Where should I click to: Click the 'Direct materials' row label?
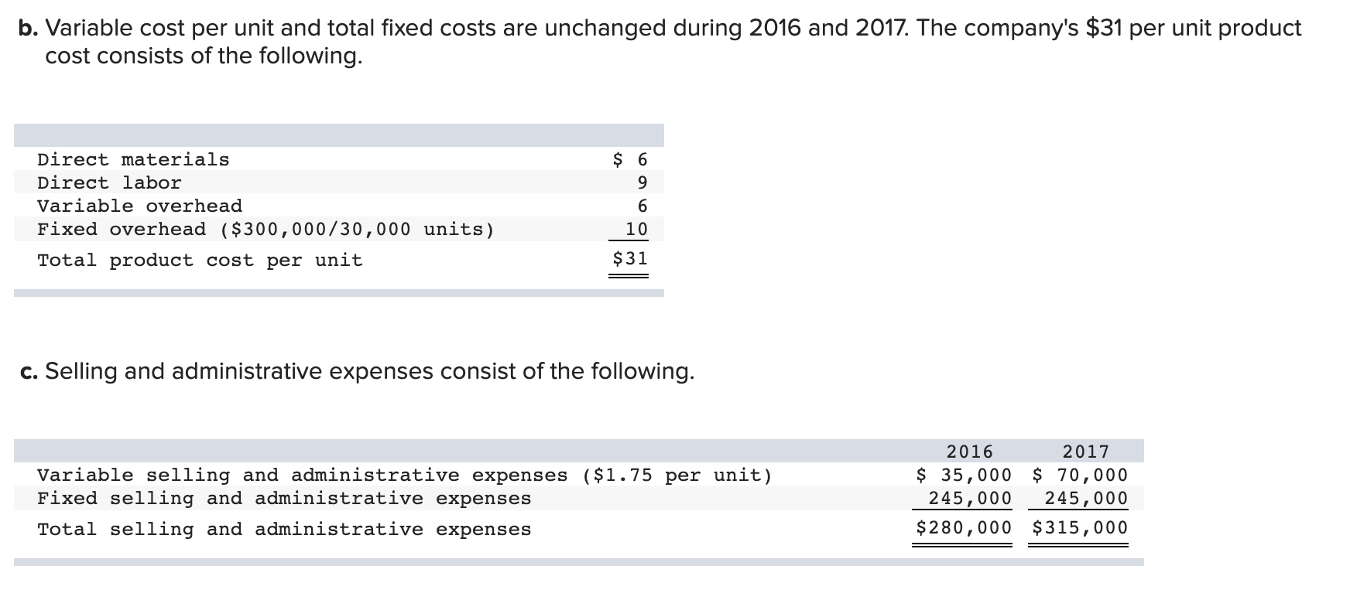tap(133, 160)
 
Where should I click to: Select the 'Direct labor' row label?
tap(109, 183)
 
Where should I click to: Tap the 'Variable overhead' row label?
tap(139, 206)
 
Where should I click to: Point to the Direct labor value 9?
tap(642, 183)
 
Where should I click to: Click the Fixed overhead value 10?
tap(636, 230)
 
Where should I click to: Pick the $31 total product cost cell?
tap(630, 259)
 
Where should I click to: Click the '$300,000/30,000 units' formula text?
tap(358, 230)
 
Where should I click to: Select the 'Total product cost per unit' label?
tap(200, 261)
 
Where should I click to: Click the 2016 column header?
tap(970, 452)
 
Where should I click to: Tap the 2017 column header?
tap(1086, 452)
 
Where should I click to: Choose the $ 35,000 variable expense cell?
tap(965, 475)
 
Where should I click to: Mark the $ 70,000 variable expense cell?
tap(1081, 475)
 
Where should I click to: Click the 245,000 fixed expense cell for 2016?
tap(970, 499)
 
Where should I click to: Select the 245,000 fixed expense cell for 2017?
tap(1086, 499)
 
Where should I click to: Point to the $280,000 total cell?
tap(964, 528)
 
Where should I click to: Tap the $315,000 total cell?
tap(1080, 528)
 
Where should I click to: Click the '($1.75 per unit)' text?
tap(677, 476)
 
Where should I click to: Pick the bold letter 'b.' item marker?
tap(29, 29)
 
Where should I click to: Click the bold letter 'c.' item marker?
tap(29, 372)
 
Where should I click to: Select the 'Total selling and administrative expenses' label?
tap(284, 530)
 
